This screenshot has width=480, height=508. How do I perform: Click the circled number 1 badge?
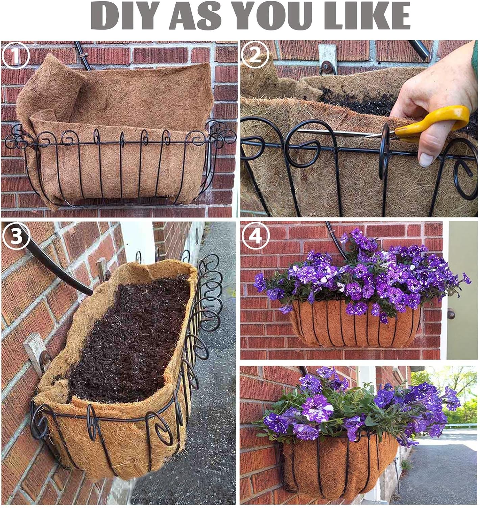[x=16, y=55]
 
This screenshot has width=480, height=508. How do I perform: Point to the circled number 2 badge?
[x=256, y=55]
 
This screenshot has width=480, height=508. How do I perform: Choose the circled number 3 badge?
[x=16, y=236]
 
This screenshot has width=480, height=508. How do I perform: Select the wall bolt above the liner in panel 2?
[x=328, y=67]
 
